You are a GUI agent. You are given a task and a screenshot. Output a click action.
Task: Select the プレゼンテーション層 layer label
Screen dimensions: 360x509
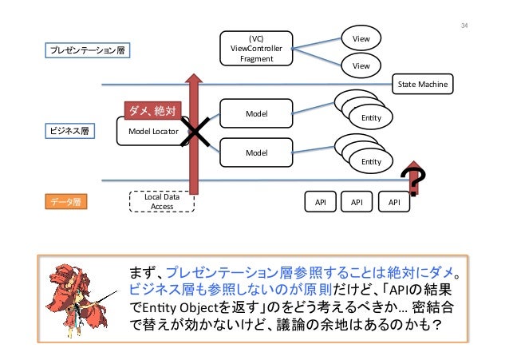point(89,50)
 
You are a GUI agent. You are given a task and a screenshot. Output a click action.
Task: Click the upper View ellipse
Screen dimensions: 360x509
point(361,38)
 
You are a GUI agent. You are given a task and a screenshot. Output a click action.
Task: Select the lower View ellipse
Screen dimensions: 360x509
point(361,66)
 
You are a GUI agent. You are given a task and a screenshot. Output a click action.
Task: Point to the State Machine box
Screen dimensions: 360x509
point(423,84)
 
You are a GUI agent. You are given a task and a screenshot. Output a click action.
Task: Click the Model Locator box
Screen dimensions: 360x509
point(153,131)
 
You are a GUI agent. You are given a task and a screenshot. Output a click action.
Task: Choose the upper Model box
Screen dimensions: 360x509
point(256,115)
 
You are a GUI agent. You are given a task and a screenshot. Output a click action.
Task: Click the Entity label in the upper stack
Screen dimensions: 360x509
point(371,119)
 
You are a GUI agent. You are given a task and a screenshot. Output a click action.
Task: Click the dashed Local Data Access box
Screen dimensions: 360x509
point(162,201)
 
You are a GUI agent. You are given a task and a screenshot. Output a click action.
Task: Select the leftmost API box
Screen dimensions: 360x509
point(320,203)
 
